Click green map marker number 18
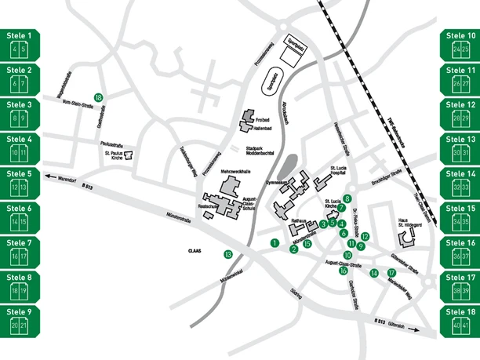(x=98, y=96)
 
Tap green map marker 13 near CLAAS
(x=228, y=254)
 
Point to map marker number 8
(x=347, y=199)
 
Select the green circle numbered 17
(x=392, y=273)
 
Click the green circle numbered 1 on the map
(x=275, y=243)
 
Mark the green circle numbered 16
(x=343, y=271)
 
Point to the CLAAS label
(x=195, y=252)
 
